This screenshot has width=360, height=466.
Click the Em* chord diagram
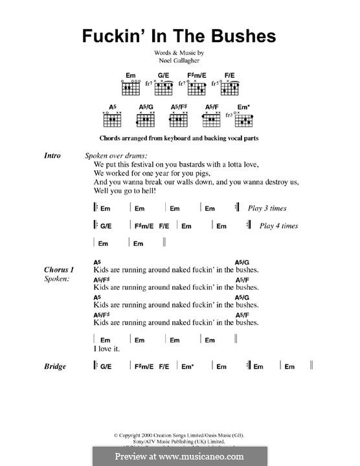click(244, 118)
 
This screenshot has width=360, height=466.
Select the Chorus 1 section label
click(60, 269)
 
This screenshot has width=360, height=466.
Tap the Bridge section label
click(55, 366)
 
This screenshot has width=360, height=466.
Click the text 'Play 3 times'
click(267, 208)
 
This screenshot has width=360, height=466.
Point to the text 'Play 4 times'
click(278, 226)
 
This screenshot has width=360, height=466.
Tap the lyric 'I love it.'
click(107, 349)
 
